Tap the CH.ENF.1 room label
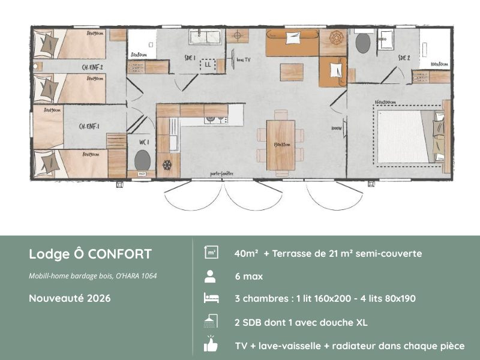[89, 127]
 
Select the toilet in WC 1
[142, 160]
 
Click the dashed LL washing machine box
[208, 64]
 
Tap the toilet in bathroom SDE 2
[362, 43]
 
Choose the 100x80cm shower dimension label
[439, 64]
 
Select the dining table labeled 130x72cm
[280, 144]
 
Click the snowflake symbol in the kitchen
[167, 164]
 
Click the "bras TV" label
[243, 60]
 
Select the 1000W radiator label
[335, 128]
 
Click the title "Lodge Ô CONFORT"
[90, 254]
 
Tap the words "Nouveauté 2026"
[70, 298]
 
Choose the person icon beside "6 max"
[211, 277]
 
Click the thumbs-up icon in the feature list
[211, 345]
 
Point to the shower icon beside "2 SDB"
[211, 322]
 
